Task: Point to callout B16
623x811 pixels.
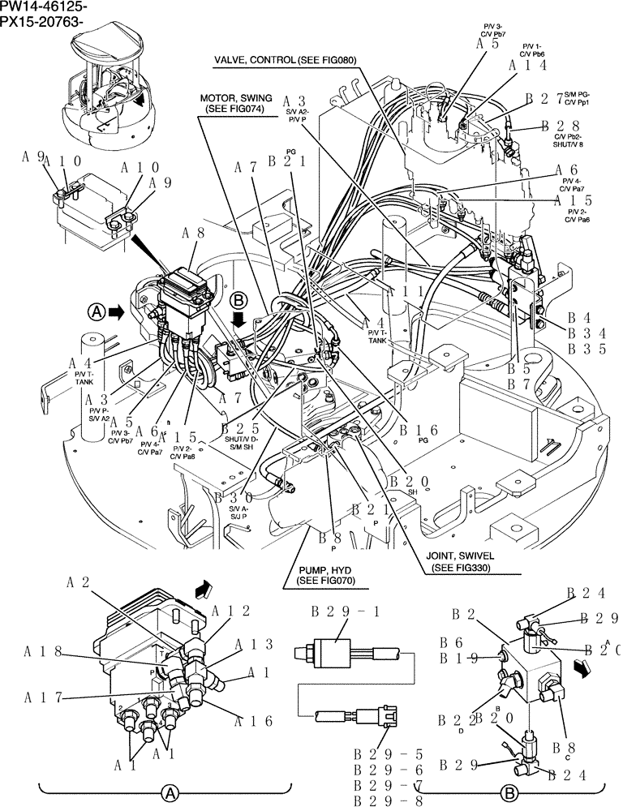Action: [x=421, y=429]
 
